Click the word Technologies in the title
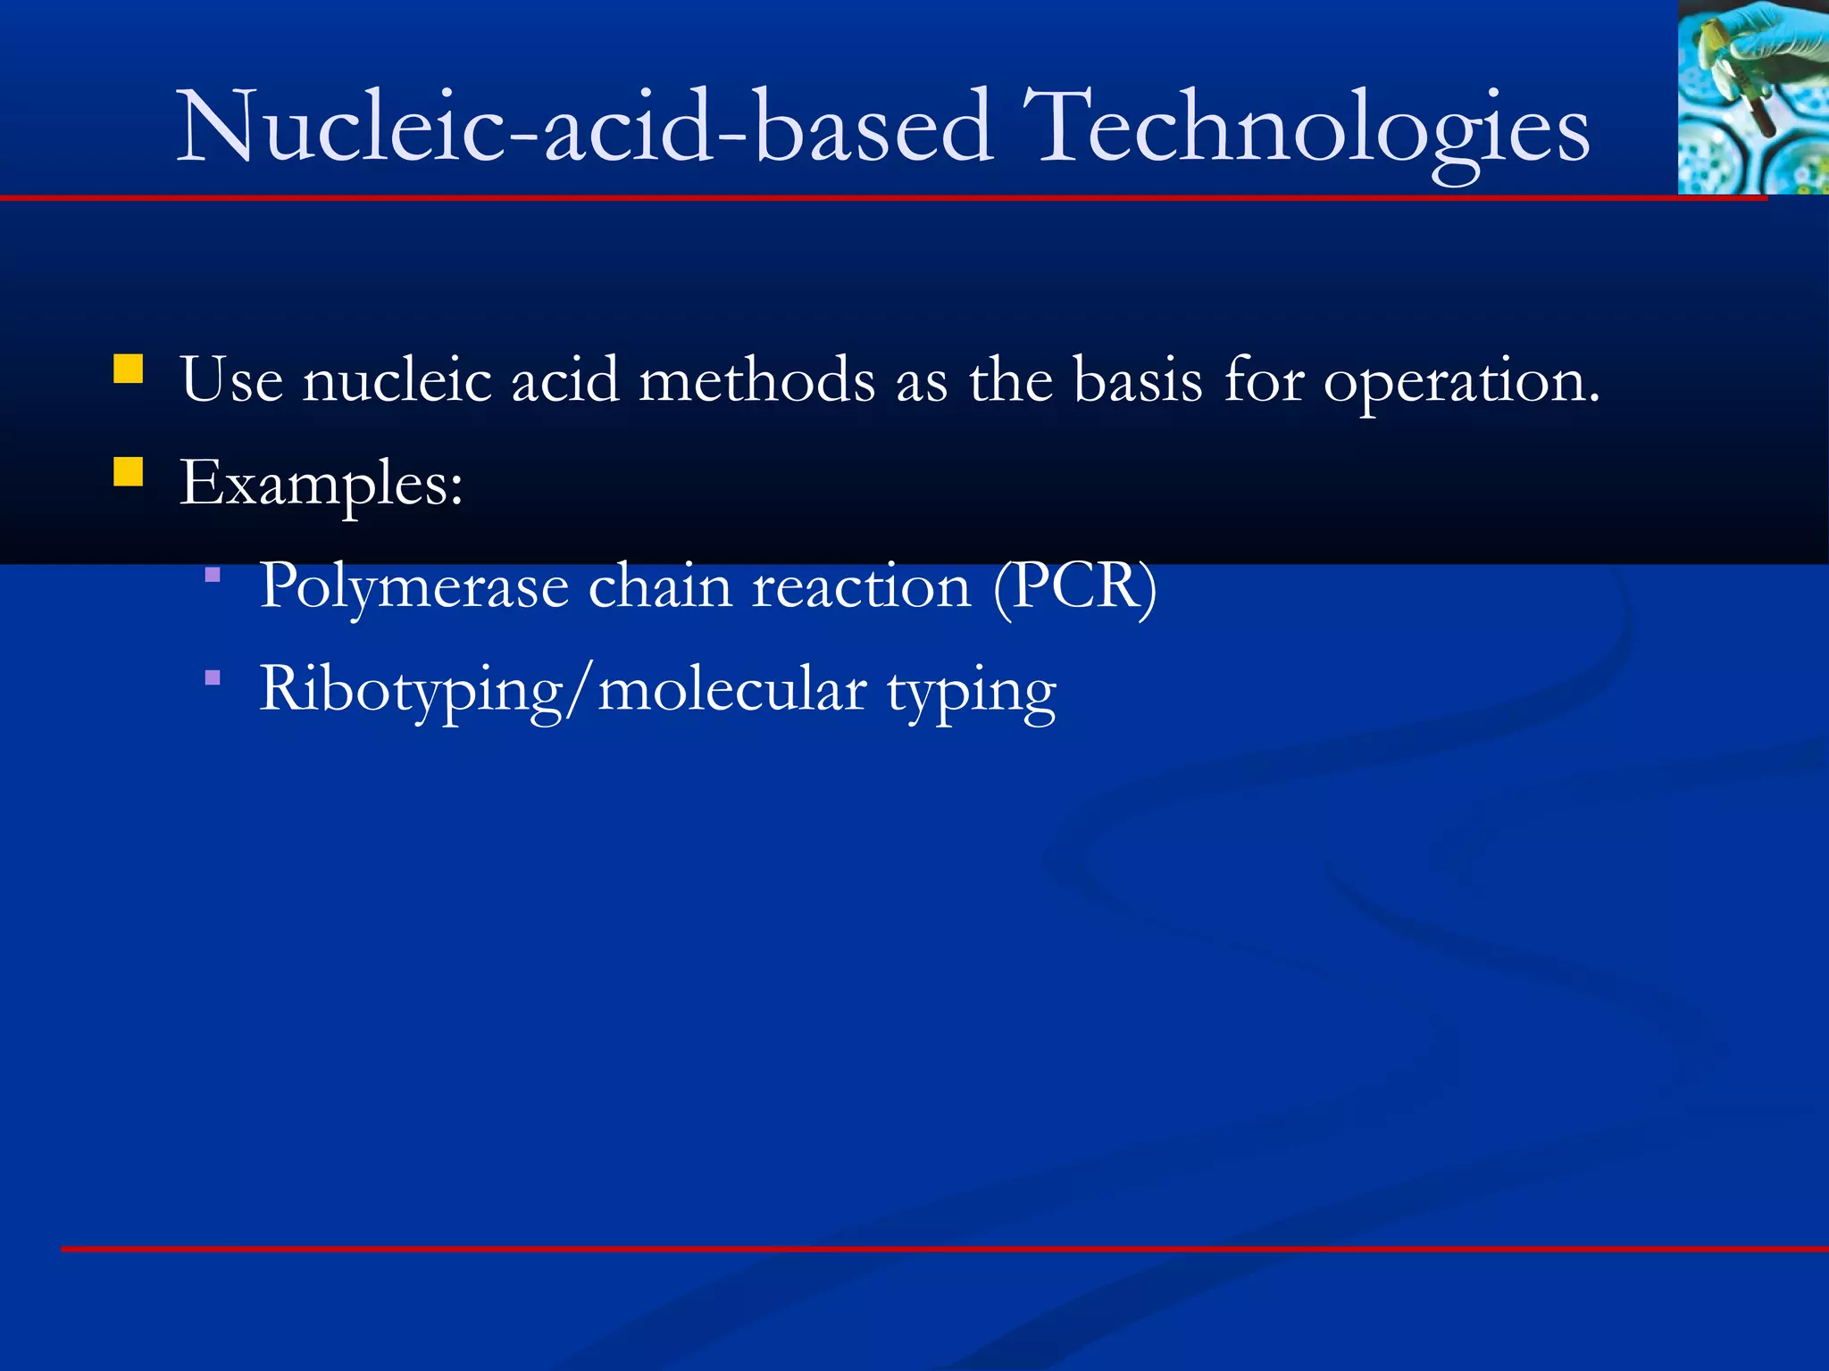tap(1305, 129)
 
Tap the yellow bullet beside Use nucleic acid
tap(129, 369)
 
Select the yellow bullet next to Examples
tap(129, 471)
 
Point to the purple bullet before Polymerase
tap(213, 576)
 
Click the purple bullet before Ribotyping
tap(213, 678)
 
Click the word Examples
tap(321, 485)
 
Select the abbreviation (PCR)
tap(1075, 586)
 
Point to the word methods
tap(756, 380)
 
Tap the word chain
tap(660, 586)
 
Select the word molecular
tap(731, 690)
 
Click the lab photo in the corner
tap(1752, 96)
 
